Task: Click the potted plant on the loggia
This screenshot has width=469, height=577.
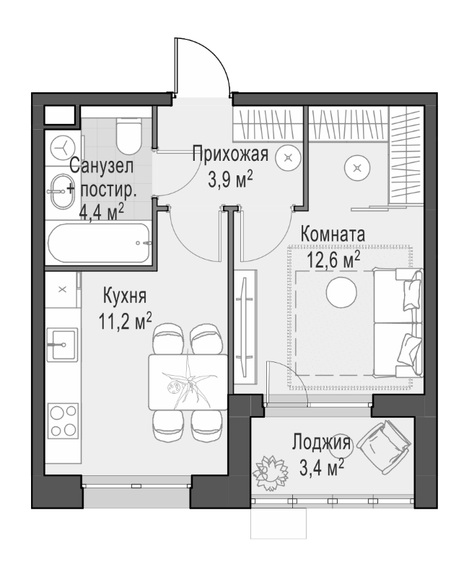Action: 269,471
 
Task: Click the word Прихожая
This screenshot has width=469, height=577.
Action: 230,153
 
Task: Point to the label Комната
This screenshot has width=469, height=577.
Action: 332,234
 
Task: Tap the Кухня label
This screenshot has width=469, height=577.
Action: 126,295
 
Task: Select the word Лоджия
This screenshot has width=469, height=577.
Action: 322,443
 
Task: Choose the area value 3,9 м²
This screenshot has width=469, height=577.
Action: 230,177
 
